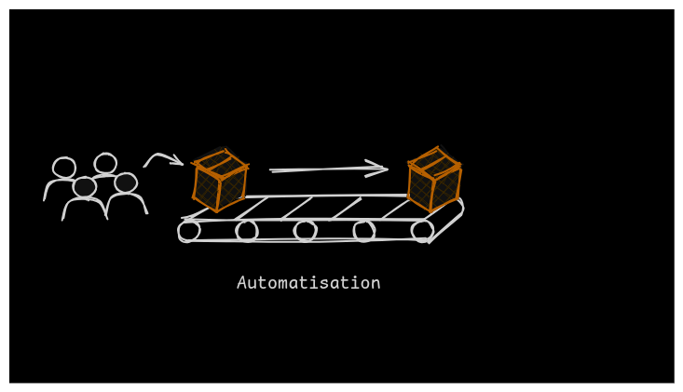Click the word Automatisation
(308, 283)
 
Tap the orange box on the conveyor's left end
(220, 180)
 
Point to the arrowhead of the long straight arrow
(380, 169)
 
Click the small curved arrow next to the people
(162, 160)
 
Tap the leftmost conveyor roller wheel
(189, 231)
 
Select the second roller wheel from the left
(247, 231)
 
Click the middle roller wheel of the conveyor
(305, 230)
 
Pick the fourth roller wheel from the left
(364, 231)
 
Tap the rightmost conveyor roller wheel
(422, 230)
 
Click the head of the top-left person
(64, 168)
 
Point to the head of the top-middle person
(105, 164)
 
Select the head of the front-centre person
(85, 187)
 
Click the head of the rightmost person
(126, 182)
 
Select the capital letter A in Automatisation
(242, 283)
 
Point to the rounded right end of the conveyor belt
(457, 210)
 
